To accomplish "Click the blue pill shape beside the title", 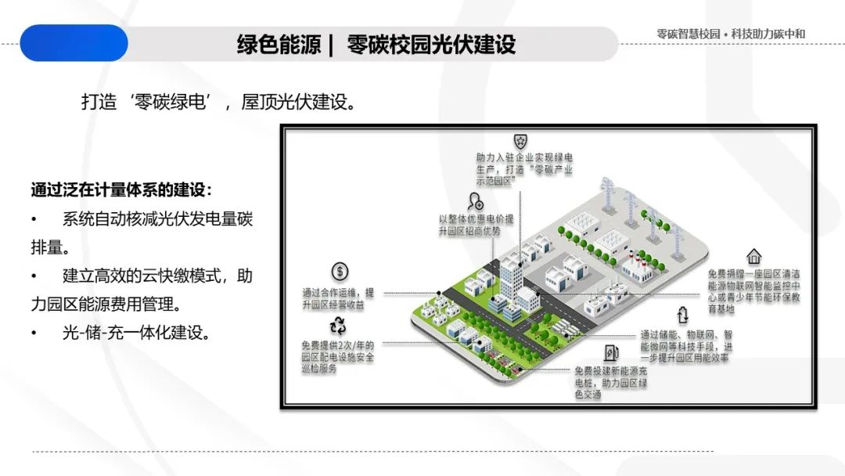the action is [x=74, y=43].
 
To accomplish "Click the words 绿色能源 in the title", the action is [x=279, y=44].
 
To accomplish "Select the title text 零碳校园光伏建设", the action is [x=431, y=44].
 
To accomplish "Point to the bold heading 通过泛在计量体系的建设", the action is [x=121, y=189].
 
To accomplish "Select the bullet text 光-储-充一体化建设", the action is [x=136, y=332].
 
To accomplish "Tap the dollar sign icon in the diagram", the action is [x=340, y=272].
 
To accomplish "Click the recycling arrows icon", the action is [x=339, y=326].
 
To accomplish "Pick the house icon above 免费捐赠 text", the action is [x=753, y=256].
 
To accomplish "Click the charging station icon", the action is [x=611, y=353].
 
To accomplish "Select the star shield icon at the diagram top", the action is [x=520, y=140].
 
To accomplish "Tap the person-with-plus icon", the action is [x=475, y=201].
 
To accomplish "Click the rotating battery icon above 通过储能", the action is [x=682, y=315].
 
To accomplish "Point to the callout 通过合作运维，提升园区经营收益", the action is [x=338, y=298].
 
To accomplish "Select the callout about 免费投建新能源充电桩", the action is [x=611, y=383].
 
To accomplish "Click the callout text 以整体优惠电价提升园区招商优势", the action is [x=476, y=225].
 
